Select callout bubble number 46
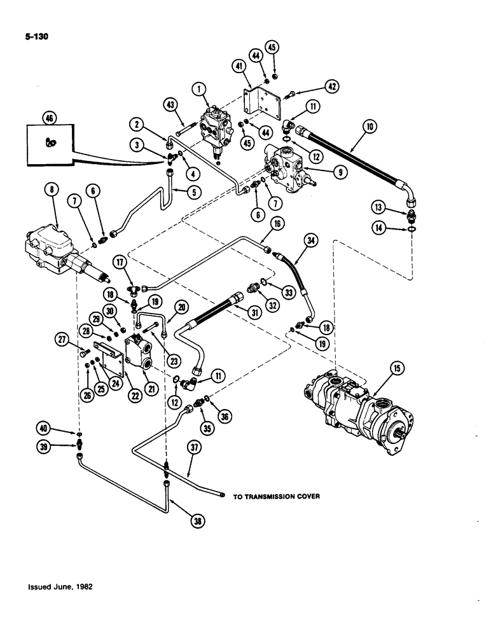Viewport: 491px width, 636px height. (48, 118)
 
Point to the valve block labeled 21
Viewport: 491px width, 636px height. (143, 352)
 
